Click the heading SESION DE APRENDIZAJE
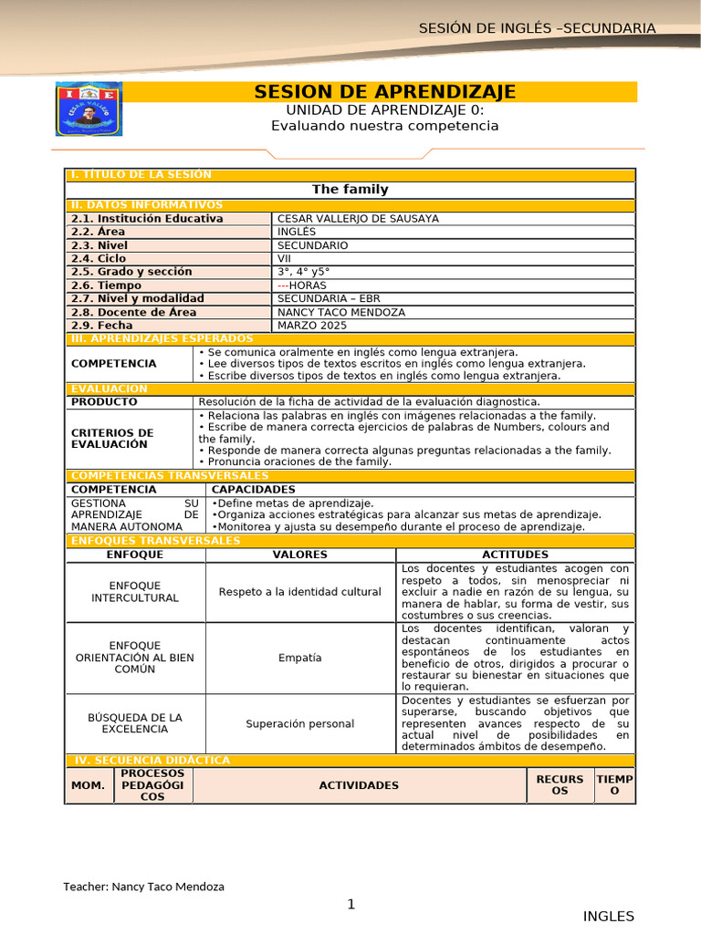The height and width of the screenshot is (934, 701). [x=384, y=92]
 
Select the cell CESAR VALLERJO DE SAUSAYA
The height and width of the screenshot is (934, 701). [x=358, y=219]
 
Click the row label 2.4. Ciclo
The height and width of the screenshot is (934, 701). [x=99, y=258]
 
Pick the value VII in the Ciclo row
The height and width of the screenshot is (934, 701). [x=286, y=258]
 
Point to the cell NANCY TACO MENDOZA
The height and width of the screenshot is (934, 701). [x=341, y=312]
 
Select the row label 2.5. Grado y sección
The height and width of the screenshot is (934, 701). [x=131, y=272]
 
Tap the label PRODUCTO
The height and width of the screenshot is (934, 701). [x=104, y=402]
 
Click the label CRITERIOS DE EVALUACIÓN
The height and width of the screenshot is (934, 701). [x=112, y=439]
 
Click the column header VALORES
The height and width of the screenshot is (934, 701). [x=299, y=555]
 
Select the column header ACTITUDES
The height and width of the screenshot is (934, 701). [x=515, y=555]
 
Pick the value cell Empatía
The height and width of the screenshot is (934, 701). [x=299, y=658]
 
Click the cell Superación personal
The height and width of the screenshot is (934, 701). [x=299, y=724]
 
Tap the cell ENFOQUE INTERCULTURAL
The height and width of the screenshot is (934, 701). [x=135, y=592]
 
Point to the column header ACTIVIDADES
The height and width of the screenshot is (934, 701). [x=359, y=785]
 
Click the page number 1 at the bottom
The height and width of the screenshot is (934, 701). [x=350, y=905]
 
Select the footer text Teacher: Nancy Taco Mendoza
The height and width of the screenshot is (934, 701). [x=143, y=887]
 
